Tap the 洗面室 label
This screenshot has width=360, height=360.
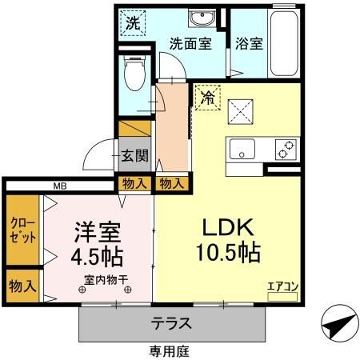coord(190,44)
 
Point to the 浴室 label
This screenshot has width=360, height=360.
coord(248,44)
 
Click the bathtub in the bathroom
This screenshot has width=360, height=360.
coord(283,44)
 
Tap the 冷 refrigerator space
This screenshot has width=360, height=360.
coord(207,100)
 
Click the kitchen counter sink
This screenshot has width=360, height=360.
coord(242,149)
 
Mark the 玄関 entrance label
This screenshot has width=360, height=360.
coord(134,155)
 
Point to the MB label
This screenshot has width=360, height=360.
coord(60,186)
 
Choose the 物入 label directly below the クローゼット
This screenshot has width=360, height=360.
coord(21,286)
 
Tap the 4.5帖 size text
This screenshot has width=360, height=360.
coord(97,258)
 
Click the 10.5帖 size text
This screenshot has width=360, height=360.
coord(227,254)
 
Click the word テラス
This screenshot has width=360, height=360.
coord(172,324)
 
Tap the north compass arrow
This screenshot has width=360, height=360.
coord(339,324)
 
